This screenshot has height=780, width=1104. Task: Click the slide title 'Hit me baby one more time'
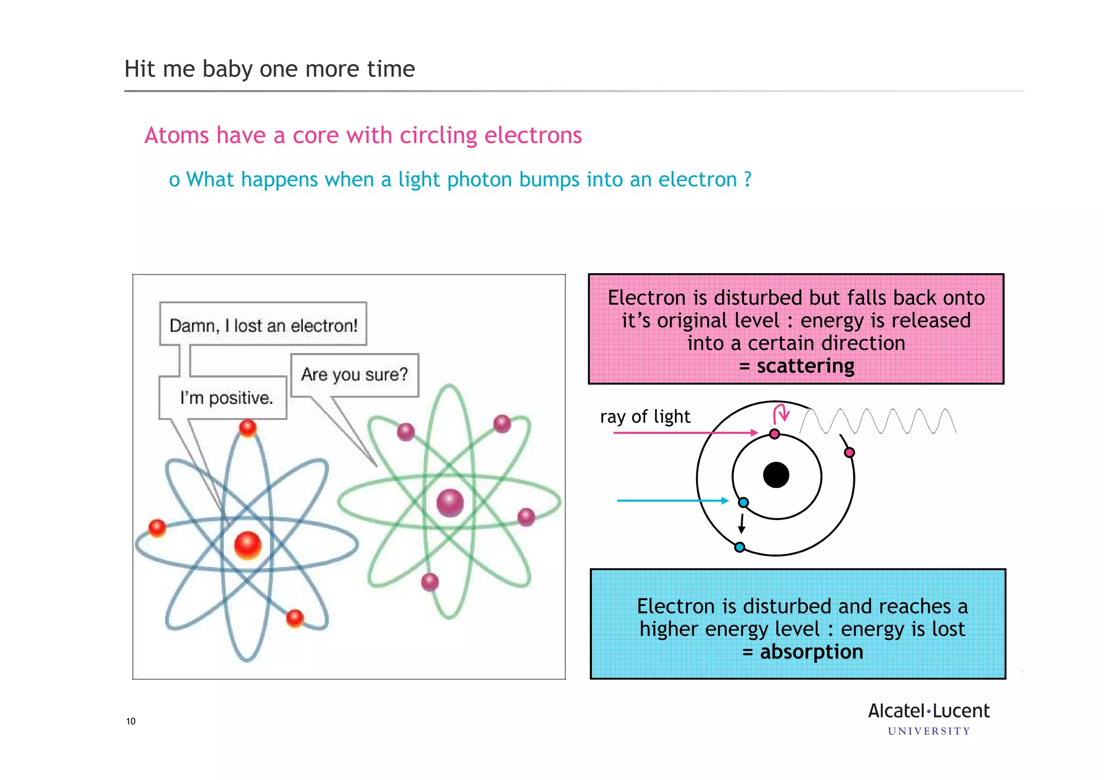pyautogui.click(x=270, y=69)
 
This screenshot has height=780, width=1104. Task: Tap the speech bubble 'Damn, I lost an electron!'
pyautogui.click(x=263, y=325)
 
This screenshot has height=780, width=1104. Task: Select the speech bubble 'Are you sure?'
pyautogui.click(x=354, y=375)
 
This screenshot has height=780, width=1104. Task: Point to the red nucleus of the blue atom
pyautogui.click(x=248, y=545)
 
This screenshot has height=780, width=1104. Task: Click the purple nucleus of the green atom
pyautogui.click(x=450, y=502)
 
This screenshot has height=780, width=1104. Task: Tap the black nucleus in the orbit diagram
pyautogui.click(x=776, y=475)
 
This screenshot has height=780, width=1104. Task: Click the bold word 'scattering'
pyautogui.click(x=805, y=366)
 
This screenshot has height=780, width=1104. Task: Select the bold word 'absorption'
pyautogui.click(x=811, y=652)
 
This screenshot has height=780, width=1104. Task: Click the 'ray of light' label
pyautogui.click(x=645, y=417)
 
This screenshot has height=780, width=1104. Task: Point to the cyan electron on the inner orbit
pyautogui.click(x=743, y=502)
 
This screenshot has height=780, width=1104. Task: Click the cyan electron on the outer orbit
pyautogui.click(x=740, y=547)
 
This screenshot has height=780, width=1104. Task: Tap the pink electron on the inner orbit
pyautogui.click(x=775, y=434)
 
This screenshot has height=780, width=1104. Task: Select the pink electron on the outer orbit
pyautogui.click(x=849, y=452)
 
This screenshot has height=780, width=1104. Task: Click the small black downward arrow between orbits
pyautogui.click(x=742, y=523)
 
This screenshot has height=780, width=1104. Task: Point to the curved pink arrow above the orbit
pyautogui.click(x=781, y=413)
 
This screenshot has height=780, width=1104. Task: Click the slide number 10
pyautogui.click(x=131, y=721)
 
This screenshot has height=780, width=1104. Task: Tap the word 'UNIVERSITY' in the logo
pyautogui.click(x=929, y=731)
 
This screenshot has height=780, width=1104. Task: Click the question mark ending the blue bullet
pyautogui.click(x=747, y=180)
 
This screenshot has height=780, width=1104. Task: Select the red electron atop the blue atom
pyautogui.click(x=248, y=429)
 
